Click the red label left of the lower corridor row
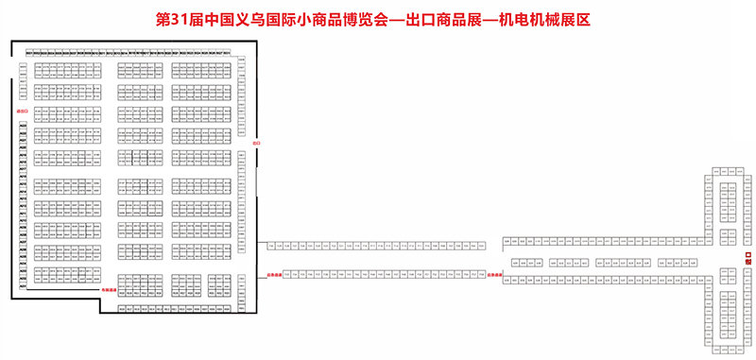coord(264,275)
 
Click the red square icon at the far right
coord(747,257)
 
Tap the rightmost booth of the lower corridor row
coord(488,272)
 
